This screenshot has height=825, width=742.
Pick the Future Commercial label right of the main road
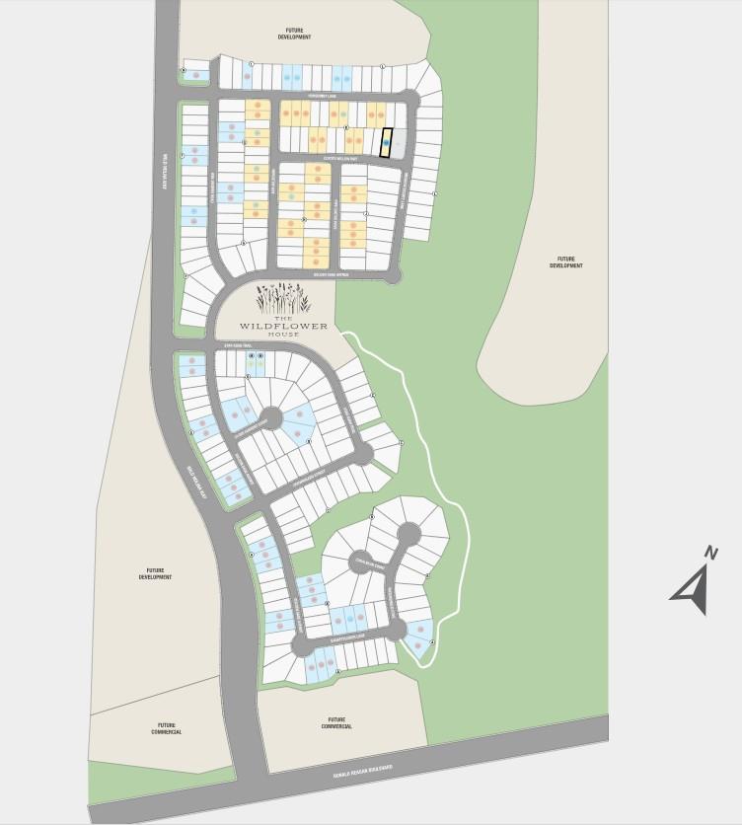click(336, 723)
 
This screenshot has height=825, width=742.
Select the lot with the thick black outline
click(387, 144)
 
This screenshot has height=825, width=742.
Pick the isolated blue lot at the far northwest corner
click(196, 71)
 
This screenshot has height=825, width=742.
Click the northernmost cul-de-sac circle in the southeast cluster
click(408, 533)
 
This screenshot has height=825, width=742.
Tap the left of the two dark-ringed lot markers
click(253, 355)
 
